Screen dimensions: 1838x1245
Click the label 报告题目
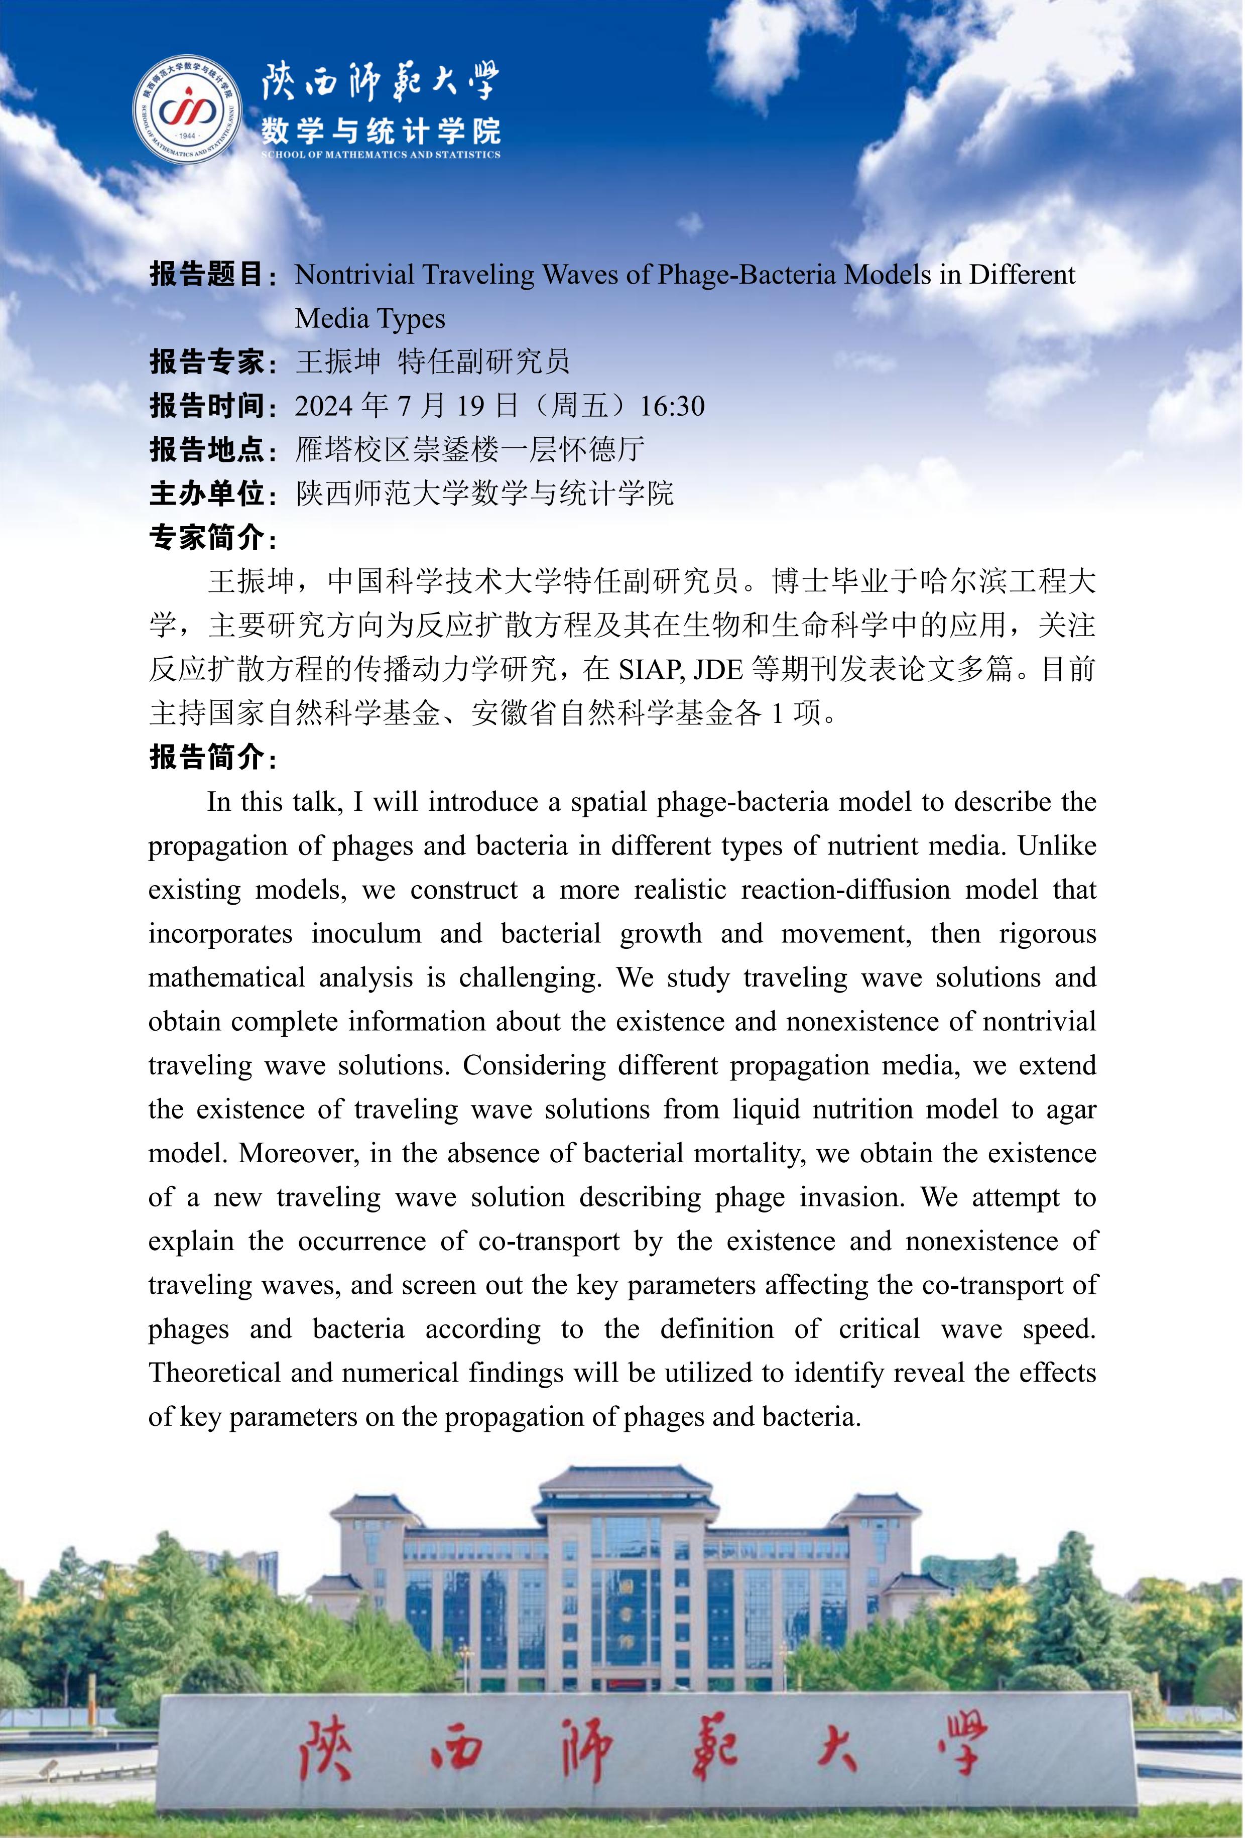207,275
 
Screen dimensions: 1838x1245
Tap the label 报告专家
207,362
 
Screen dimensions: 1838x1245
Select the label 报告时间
207,407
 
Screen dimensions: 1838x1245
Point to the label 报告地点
207,450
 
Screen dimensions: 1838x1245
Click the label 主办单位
207,495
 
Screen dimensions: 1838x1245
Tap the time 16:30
672,407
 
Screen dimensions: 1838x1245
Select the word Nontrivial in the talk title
354,275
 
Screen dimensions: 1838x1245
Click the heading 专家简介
207,539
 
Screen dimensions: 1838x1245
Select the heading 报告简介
207,758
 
